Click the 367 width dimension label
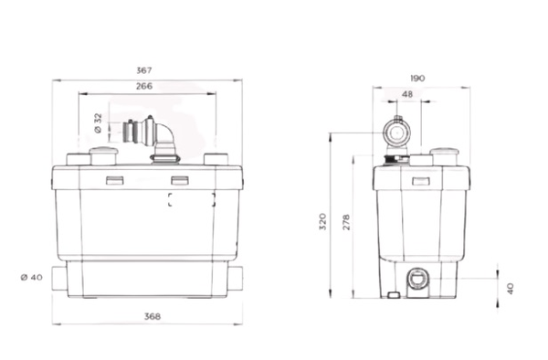click(143, 69)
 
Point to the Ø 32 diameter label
click(99, 123)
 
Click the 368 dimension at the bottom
click(153, 316)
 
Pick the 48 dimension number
click(406, 94)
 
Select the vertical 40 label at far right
click(511, 287)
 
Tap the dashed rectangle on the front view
click(191, 200)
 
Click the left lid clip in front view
click(115, 179)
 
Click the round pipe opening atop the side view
click(396, 131)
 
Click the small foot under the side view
click(394, 294)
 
